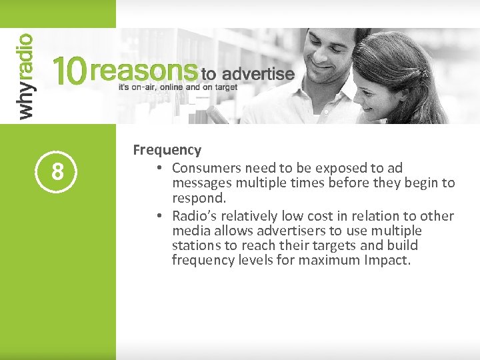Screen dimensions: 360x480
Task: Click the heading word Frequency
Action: [x=167, y=151]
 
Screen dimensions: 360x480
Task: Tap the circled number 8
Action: [x=58, y=172]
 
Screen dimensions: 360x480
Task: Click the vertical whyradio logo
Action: [x=25, y=76]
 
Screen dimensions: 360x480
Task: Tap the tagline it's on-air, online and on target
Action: [x=177, y=87]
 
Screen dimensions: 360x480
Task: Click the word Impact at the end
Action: [x=387, y=260]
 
